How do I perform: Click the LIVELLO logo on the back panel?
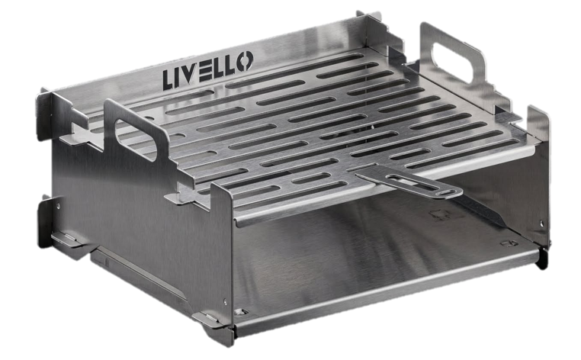pyautogui.click(x=208, y=70)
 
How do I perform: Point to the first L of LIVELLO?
pyautogui.click(x=168, y=81)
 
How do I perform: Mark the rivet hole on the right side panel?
pyautogui.click(x=542, y=223)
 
